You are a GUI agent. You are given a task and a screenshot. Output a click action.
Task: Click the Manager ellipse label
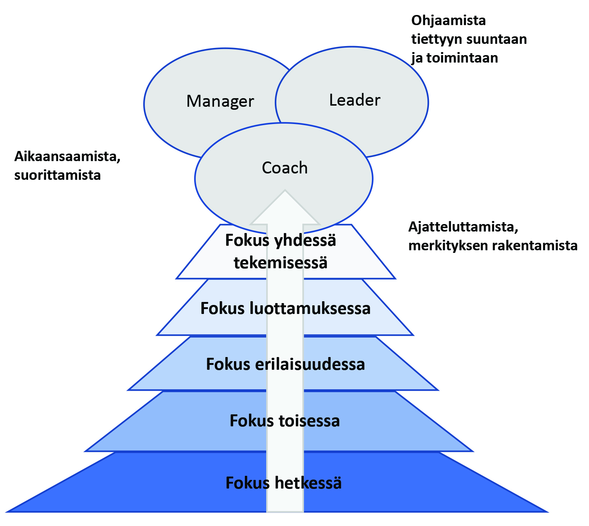220,102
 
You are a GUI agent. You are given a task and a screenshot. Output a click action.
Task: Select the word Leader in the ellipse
355,100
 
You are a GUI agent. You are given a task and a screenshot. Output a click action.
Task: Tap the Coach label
285,168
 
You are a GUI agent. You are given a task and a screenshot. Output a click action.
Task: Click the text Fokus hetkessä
283,483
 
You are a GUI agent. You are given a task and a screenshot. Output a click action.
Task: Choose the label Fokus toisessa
285,421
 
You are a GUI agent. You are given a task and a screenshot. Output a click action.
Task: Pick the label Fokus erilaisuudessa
285,364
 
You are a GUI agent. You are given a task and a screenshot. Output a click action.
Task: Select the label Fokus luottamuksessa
285,308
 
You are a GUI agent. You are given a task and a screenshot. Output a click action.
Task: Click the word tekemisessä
281,263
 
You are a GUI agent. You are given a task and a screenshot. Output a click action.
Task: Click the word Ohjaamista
448,20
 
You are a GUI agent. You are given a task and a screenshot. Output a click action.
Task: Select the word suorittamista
57,175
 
